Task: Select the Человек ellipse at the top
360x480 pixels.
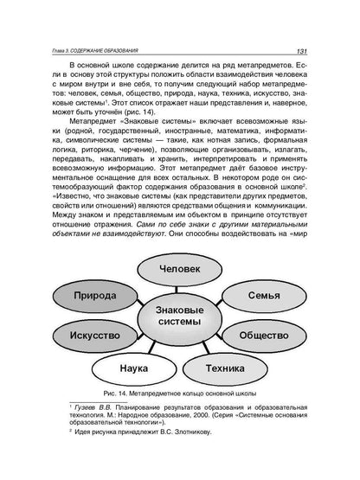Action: pyautogui.click(x=181, y=269)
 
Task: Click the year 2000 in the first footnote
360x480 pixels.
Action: pyautogui.click(x=220, y=415)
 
